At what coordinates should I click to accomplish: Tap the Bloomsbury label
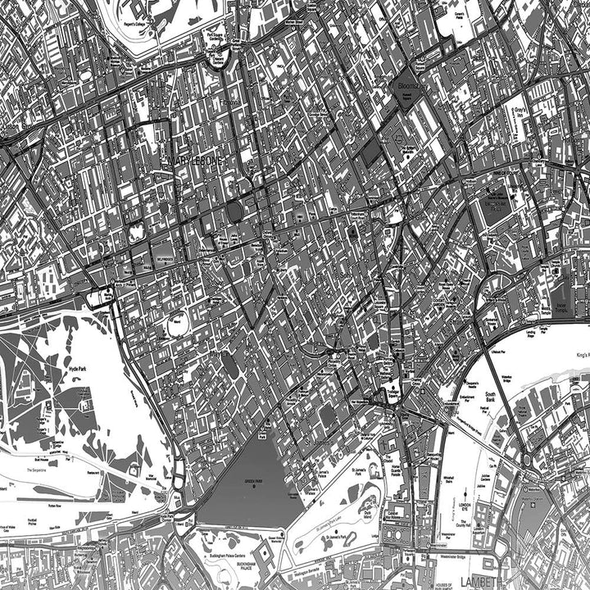pos(408,85)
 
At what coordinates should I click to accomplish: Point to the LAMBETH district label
pos(480,581)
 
